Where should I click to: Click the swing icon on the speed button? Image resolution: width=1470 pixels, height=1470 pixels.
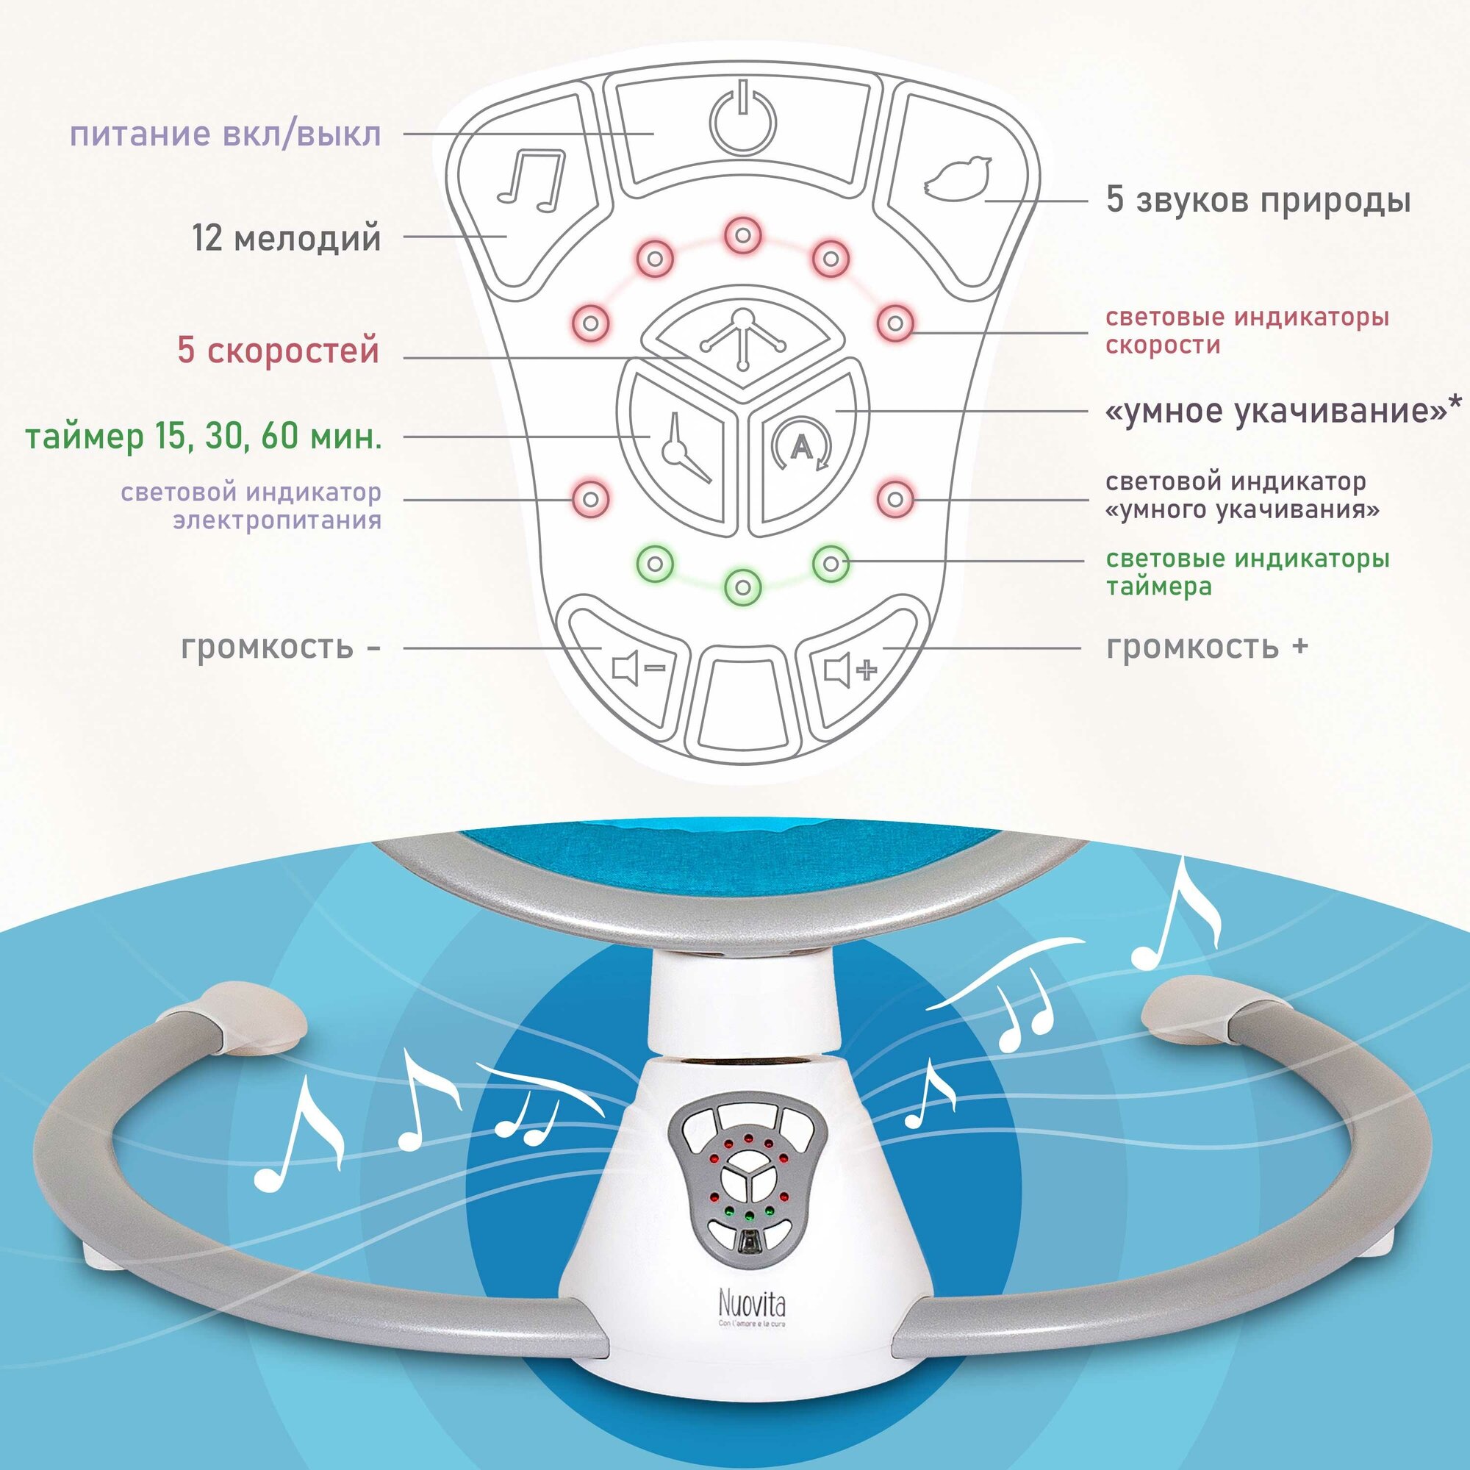pos(743,340)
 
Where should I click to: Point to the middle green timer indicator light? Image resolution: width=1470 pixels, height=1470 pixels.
pos(743,587)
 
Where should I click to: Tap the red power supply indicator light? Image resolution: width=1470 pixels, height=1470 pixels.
pos(591,498)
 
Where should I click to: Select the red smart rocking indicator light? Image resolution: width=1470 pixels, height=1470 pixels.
pos(895,498)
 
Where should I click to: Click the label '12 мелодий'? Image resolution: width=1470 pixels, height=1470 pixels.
pos(286,239)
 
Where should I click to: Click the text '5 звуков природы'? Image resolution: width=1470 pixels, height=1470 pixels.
pos(1258,201)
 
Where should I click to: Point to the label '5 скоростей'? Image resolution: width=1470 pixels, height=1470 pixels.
pos(278,351)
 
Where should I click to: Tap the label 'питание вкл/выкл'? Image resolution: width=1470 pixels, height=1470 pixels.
pos(225,135)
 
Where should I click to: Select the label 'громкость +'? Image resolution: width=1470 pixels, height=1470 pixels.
pos(1207,647)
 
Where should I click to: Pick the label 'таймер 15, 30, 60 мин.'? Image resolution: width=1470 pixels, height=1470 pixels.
pos(203,437)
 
